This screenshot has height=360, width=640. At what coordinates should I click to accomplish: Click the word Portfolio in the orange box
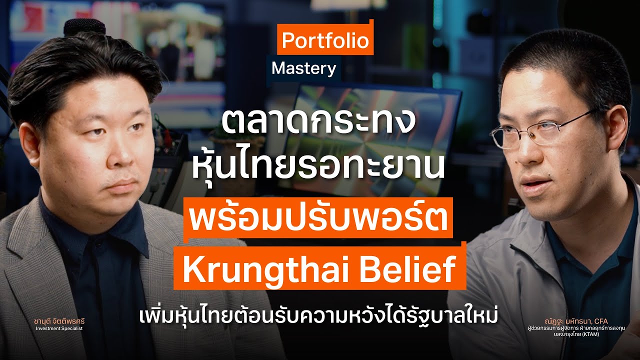coord(325,40)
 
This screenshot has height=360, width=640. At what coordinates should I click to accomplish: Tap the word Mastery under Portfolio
coord(303,69)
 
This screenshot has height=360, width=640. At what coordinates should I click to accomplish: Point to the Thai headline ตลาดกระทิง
coord(318,125)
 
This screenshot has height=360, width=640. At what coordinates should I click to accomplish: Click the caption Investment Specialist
coord(59,328)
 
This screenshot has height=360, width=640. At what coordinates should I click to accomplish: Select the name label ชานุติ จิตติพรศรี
coord(59,321)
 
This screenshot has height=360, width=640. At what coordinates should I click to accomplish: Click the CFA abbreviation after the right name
coord(600,321)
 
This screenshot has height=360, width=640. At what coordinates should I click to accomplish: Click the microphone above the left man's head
coord(84,27)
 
